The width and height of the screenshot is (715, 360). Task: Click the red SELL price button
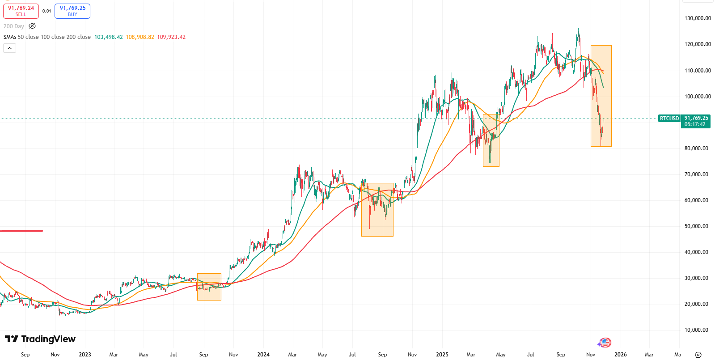click(21, 11)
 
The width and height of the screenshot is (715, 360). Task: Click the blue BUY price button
click(72, 11)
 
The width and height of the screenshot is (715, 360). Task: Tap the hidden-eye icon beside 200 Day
click(32, 26)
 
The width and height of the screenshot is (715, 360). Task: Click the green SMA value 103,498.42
click(108, 37)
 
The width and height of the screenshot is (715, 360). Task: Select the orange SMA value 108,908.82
click(140, 37)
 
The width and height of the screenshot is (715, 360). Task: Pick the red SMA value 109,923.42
click(171, 37)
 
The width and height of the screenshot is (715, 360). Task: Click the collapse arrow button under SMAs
click(9, 48)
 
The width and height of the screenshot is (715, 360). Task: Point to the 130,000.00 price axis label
click(698, 18)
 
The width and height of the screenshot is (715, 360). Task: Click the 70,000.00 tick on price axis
click(696, 174)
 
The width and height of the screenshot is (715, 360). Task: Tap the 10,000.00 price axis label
click(696, 330)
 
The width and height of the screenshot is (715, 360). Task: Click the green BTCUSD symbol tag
click(669, 119)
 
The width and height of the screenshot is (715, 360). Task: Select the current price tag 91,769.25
click(696, 119)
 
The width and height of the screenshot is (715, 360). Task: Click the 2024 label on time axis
click(263, 355)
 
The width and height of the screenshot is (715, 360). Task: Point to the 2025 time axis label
click(442, 355)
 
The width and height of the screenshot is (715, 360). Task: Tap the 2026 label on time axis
click(620, 355)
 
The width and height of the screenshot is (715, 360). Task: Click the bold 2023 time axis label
click(85, 355)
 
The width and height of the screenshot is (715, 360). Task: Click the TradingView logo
click(40, 339)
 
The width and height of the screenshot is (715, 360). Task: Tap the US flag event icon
click(605, 343)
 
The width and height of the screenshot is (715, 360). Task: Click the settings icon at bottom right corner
click(698, 355)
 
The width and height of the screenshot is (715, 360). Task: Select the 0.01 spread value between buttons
click(47, 11)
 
